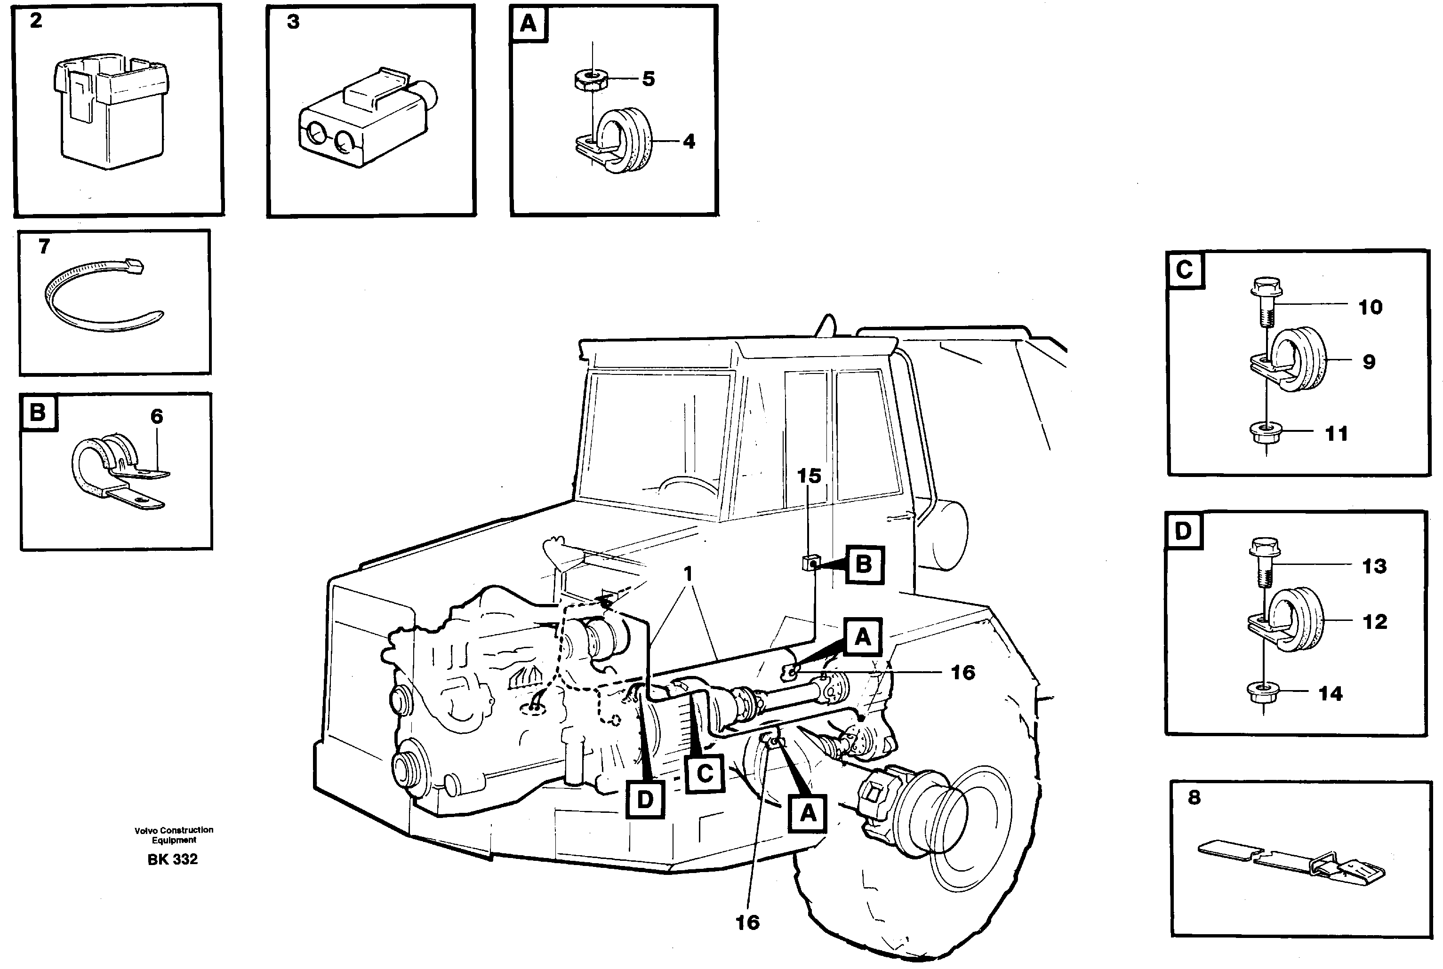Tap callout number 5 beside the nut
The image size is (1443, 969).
[x=648, y=79]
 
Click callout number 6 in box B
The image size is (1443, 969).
[x=156, y=416]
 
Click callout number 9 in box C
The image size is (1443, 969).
[x=1369, y=362]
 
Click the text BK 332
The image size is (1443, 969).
[x=173, y=859]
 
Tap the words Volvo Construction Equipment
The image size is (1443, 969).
[x=174, y=835]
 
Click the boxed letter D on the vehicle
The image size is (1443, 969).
[x=645, y=800]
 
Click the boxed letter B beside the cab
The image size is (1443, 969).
[x=864, y=564]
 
